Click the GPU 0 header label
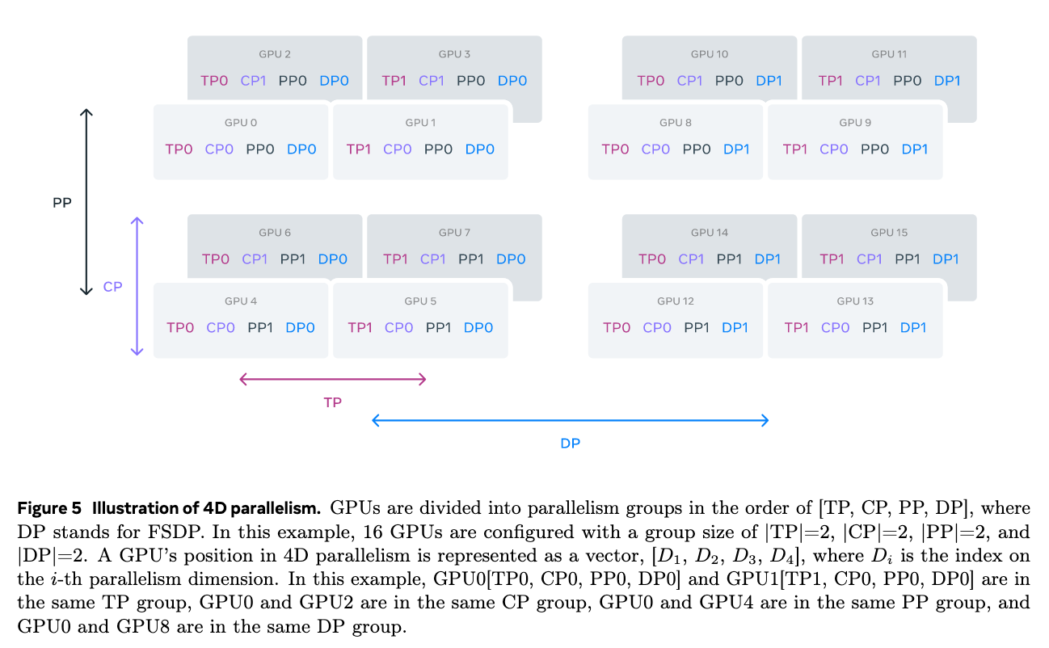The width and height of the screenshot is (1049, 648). click(241, 123)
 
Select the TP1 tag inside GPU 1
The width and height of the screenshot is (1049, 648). click(359, 149)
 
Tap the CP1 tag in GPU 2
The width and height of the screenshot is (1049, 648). click(255, 81)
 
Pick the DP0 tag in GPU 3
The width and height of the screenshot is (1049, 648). click(512, 81)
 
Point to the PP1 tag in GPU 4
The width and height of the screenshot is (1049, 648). click(260, 328)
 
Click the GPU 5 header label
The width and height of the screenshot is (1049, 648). click(420, 301)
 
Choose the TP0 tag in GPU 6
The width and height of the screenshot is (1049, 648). click(216, 259)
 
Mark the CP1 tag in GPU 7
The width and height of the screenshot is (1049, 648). click(433, 259)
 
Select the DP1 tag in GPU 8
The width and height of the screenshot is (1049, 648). click(736, 149)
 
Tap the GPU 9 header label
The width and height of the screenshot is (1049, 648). click(855, 123)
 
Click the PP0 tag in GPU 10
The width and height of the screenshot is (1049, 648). click(729, 81)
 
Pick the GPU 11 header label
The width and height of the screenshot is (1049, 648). click(889, 54)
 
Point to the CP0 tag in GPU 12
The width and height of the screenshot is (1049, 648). click(657, 328)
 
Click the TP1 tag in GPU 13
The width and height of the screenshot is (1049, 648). click(796, 328)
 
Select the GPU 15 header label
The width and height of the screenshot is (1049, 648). click(889, 233)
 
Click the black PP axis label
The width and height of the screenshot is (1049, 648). click(62, 204)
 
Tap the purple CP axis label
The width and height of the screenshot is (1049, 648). click(112, 287)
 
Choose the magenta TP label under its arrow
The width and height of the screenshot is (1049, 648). click(332, 402)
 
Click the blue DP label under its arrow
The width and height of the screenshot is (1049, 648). click(570, 443)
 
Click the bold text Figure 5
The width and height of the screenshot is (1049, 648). click(50, 509)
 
